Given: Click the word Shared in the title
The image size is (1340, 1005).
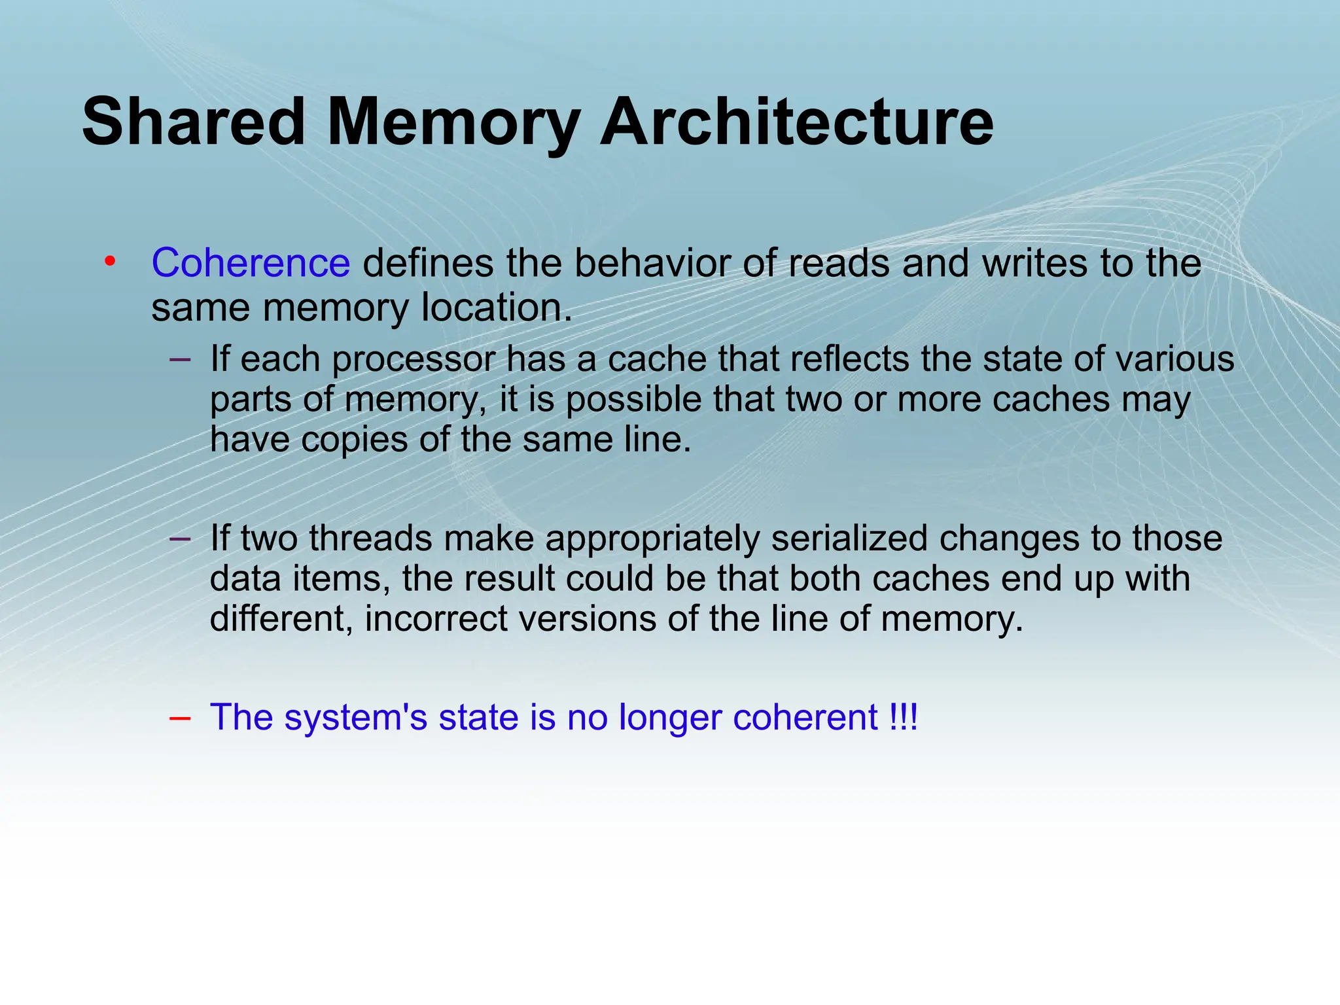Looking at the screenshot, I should (194, 122).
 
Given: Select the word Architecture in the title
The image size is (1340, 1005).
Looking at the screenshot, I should (796, 122).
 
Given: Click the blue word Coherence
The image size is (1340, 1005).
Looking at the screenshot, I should (251, 263).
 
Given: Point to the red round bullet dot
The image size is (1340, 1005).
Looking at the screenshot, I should (110, 262).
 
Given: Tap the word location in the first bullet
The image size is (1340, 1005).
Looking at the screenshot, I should (497, 308).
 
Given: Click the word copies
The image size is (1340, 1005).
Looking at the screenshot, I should (354, 440).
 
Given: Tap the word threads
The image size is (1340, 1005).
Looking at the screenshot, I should (370, 538).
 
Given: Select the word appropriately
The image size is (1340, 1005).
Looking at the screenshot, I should (652, 539).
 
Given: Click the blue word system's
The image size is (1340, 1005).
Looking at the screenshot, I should (355, 717).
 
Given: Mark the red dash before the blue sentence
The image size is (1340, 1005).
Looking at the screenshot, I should (179, 718).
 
